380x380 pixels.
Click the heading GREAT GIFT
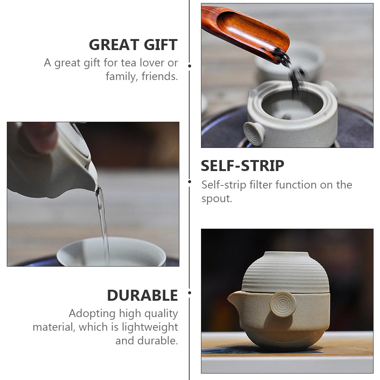coord(133,45)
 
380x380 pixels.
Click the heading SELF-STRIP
coord(242,166)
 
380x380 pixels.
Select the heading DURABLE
coord(142,295)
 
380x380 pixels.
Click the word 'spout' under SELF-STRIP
coord(215,199)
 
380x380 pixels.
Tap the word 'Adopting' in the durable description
coord(92,314)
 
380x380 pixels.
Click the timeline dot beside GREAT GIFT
coord(190,66)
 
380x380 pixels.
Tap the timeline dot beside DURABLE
coord(190,293)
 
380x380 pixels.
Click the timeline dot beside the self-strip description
coord(190,182)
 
